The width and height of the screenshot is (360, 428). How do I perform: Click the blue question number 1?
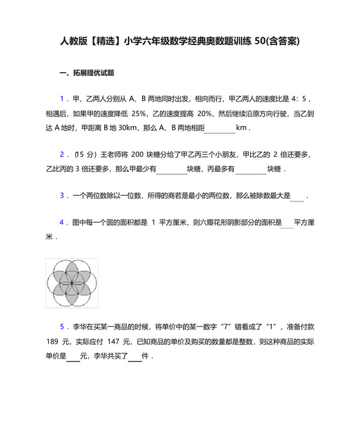62,98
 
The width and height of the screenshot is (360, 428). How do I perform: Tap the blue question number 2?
62,154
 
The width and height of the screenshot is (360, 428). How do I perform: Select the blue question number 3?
62,196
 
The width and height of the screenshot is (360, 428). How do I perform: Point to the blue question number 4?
62,223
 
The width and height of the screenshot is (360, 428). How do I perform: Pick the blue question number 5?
62,326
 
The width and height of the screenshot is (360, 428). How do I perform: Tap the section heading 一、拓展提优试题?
87,73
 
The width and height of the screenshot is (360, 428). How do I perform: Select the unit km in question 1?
242,127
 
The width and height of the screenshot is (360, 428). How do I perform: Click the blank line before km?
220,129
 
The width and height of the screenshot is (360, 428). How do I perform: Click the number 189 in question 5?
53,341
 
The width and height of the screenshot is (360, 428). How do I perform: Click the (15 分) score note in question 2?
85,154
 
